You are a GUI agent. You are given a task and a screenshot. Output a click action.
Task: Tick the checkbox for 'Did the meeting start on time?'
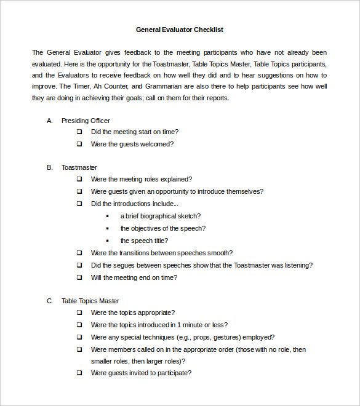coord(79,132)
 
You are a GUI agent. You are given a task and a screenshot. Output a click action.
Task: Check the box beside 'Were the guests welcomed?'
coord(79,144)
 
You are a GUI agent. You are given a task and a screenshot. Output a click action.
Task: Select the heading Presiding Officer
coord(86,121)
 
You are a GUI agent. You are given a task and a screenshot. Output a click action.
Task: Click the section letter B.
coord(49,167)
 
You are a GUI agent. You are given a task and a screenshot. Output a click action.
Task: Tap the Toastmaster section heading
coord(79,167)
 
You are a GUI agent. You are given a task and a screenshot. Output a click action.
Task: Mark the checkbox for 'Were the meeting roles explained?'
coord(79,179)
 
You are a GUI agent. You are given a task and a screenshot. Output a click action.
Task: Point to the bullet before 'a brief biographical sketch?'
coord(108,216)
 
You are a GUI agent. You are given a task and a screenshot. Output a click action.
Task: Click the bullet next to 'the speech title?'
coord(108,241)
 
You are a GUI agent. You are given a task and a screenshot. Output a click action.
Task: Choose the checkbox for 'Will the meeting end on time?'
coord(79,277)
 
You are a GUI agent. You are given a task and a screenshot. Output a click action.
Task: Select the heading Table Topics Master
coord(90,301)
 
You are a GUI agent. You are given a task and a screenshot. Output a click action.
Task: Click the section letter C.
coord(49,301)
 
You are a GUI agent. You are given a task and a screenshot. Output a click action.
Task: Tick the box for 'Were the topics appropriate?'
coord(79,312)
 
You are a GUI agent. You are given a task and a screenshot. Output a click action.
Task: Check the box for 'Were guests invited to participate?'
coord(79,373)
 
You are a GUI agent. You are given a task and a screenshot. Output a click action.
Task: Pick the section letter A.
coord(49,121)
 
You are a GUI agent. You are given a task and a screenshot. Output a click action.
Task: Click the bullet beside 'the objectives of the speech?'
coord(108,228)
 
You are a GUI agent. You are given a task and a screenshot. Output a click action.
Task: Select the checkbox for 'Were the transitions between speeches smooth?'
coord(79,253)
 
